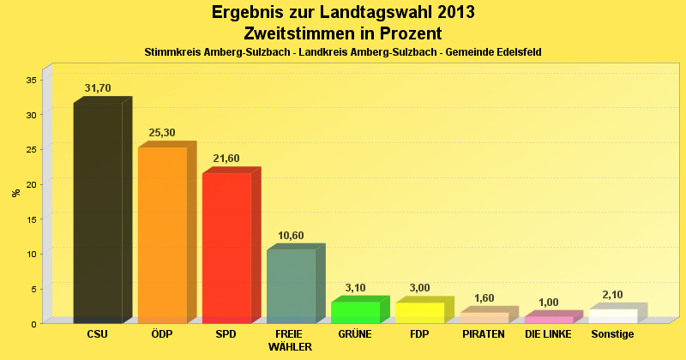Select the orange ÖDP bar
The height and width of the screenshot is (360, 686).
(162, 235)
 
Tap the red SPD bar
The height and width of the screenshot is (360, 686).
(226, 248)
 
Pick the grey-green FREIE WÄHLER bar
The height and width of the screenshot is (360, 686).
(291, 286)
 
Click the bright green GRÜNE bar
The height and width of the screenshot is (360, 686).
(355, 312)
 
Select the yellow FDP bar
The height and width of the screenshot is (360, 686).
(419, 313)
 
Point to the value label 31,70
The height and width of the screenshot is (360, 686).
(99, 87)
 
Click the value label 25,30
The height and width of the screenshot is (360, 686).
(163, 133)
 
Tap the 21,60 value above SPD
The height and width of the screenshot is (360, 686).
(226, 159)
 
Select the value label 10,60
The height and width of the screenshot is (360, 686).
(291, 236)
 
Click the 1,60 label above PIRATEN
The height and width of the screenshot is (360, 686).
(484, 298)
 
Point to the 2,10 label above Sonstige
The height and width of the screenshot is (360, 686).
(612, 295)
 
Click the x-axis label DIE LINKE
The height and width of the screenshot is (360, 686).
(548, 333)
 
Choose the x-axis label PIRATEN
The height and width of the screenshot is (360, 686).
(484, 333)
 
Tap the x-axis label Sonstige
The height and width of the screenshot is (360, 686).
(612, 333)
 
